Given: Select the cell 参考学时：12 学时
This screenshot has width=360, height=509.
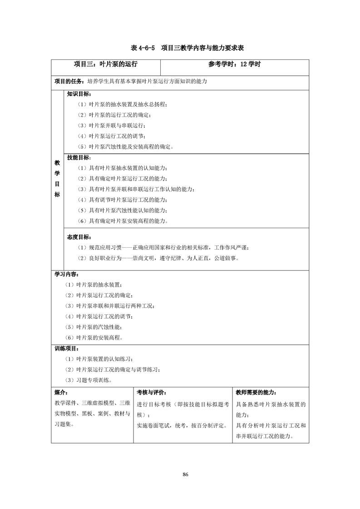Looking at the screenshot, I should click(x=235, y=64).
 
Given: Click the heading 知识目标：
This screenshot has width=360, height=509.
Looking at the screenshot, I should click(x=79, y=94).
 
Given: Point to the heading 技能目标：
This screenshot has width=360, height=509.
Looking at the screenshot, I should click(x=79, y=157).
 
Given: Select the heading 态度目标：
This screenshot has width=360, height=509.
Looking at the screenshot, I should click(x=79, y=237).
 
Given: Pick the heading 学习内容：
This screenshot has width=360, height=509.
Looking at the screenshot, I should click(x=66, y=274).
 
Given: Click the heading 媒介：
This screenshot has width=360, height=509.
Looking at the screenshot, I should click(x=61, y=392).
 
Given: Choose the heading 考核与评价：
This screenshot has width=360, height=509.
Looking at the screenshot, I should click(x=151, y=392).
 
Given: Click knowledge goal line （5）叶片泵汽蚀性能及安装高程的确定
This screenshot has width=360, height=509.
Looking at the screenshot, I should click(x=125, y=147).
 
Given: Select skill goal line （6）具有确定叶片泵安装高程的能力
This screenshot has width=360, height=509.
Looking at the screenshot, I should click(x=123, y=221).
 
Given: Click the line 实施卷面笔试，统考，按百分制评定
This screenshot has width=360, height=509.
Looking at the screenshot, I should click(x=182, y=426).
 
